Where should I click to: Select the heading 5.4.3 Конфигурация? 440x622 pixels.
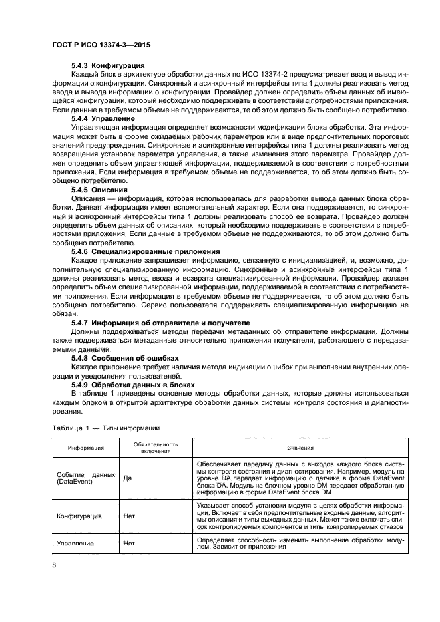[108, 65]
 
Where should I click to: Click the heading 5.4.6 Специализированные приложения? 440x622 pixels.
[145, 252]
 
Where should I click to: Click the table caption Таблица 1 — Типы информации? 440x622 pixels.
[103, 428]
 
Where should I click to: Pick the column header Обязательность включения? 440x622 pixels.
[155, 448]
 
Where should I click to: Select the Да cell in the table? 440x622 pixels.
[128, 477]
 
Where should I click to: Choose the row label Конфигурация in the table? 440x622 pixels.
[79, 516]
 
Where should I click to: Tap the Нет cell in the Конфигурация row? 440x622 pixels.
[130, 516]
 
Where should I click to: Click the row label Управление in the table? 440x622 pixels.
[76, 543]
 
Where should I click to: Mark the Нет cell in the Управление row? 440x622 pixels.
[130, 543]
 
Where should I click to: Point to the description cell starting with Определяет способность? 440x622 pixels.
[300, 543]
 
